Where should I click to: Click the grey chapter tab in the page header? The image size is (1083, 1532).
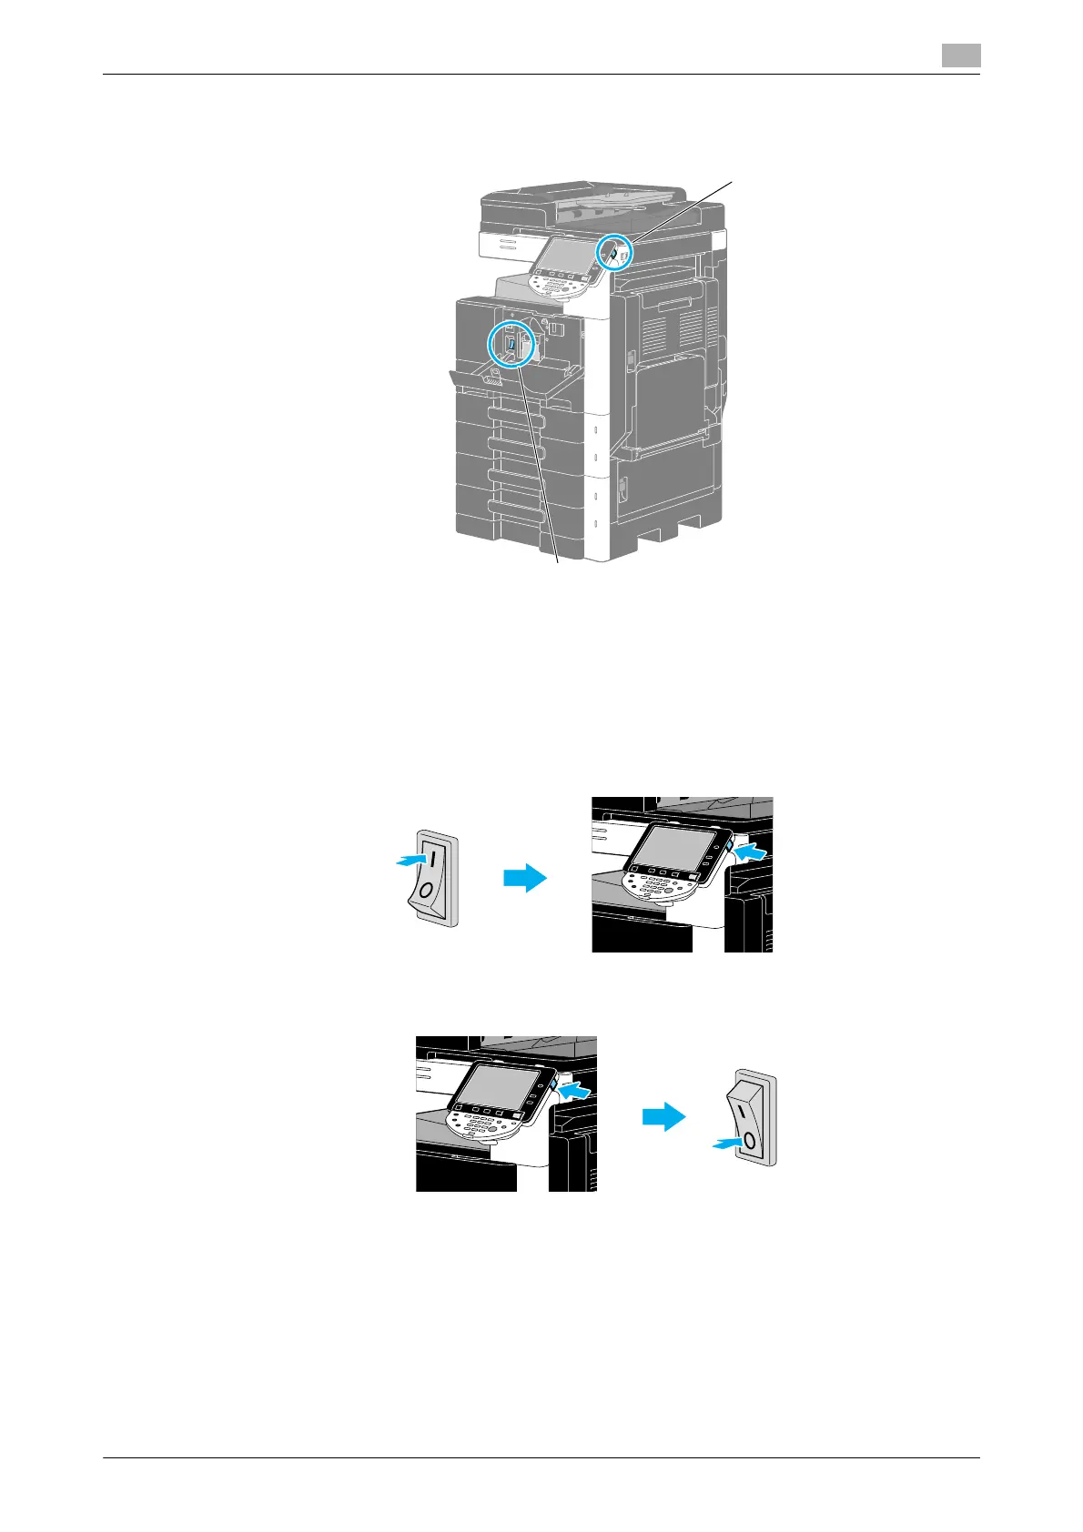(x=960, y=56)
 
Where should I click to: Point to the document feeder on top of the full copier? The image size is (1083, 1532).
(x=582, y=202)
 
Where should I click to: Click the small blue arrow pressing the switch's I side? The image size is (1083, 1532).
(x=410, y=860)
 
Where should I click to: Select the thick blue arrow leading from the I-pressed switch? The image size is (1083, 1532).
(x=525, y=879)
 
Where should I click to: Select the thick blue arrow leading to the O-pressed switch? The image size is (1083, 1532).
(x=664, y=1117)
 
